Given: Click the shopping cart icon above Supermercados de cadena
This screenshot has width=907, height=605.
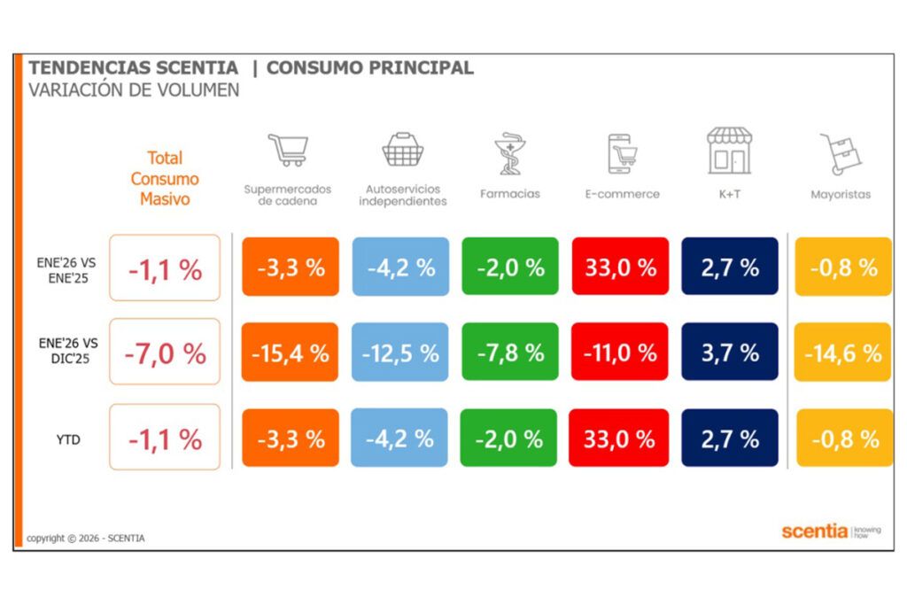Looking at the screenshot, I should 288,151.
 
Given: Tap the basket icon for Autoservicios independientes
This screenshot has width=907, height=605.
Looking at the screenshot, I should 403,151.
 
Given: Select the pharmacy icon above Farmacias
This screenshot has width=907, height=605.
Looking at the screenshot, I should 509,152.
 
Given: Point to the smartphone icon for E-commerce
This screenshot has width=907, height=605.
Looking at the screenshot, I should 622,154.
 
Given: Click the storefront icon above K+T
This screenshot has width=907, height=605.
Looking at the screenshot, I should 729,151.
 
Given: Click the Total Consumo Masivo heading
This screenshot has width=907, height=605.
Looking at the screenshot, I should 165,178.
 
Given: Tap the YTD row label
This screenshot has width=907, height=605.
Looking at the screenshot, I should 67,438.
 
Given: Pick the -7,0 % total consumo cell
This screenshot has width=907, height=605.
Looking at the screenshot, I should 165,352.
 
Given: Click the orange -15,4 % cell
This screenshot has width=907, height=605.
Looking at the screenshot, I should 290,352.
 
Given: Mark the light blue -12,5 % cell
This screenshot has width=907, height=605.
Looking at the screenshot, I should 399,352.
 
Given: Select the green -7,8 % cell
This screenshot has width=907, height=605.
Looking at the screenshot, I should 509,352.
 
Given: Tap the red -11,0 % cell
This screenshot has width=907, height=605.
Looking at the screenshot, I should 619,352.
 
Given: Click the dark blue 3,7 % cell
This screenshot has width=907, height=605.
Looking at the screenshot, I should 729,352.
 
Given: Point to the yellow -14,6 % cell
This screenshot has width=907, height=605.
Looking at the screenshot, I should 842,352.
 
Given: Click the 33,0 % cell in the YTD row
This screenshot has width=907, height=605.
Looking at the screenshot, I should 619,438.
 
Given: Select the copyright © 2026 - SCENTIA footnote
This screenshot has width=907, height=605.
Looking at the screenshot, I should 86,538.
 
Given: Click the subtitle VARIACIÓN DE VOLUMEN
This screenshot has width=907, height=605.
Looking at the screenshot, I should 134,90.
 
